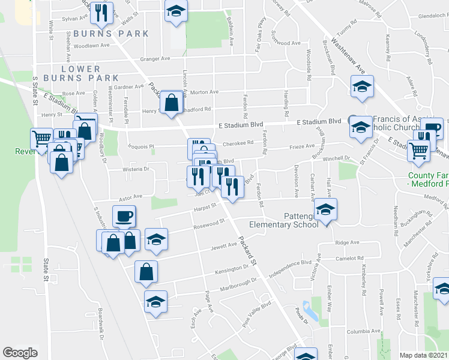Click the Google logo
20,353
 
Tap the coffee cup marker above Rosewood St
124,216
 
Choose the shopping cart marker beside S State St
41,139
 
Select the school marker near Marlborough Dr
155,301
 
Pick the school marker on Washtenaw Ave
363,87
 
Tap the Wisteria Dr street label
137,169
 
